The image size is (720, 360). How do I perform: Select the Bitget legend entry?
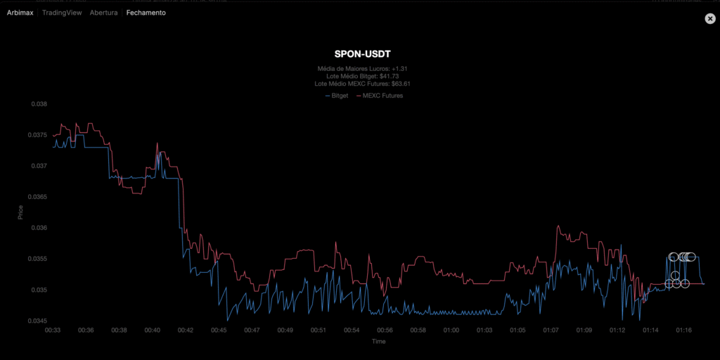point(338,95)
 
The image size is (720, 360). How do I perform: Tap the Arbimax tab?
point(21,13)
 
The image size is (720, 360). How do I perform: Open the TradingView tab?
point(62,13)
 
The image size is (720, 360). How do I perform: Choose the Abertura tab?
point(103,13)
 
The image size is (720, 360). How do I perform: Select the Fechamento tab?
point(146,13)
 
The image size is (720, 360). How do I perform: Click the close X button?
point(710,19)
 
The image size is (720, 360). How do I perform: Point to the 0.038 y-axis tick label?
point(38,104)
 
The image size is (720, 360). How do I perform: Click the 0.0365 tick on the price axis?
point(37,197)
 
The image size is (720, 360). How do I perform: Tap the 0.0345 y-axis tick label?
point(37,321)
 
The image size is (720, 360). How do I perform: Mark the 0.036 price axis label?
point(38,228)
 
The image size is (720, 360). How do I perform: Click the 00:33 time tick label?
point(53,330)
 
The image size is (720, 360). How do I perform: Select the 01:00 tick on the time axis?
point(451,330)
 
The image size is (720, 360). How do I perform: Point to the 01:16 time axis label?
point(684,330)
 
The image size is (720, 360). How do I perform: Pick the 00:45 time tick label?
point(219,330)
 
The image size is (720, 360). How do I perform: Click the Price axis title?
point(20,212)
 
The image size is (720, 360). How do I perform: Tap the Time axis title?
point(378,341)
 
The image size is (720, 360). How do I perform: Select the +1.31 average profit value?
point(400,68)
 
